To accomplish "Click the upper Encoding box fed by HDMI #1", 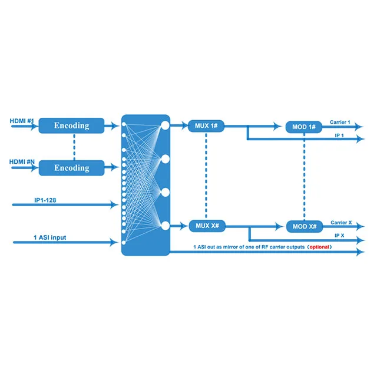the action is click(71, 125).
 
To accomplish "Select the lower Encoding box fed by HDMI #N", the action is click(71, 168).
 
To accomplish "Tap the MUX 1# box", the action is click(206, 125).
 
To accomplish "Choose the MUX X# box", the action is click(206, 226).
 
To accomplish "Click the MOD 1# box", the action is click(303, 127).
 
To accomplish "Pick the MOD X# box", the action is click(303, 227).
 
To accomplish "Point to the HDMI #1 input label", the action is click(22, 121).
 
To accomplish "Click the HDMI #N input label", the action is click(22, 161).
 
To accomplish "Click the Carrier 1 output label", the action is click(340, 123).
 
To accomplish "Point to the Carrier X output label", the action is click(341, 223).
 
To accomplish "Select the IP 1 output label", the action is click(339, 135).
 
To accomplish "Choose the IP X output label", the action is click(339, 235).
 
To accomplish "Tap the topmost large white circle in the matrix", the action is click(165, 125).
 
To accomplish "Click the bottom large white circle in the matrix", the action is click(165, 226).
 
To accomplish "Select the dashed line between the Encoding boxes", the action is click(74, 147).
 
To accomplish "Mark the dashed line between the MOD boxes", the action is click(303, 177).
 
